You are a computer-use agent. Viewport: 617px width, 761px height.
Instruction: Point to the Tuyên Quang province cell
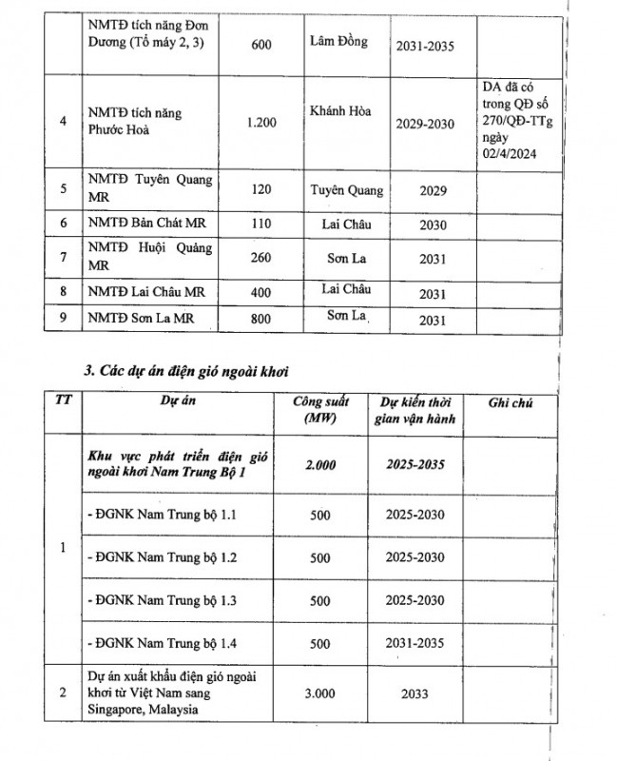point(346,190)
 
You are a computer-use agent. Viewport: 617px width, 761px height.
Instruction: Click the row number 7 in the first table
point(62,257)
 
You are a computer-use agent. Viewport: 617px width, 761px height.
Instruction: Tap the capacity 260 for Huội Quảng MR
point(261,257)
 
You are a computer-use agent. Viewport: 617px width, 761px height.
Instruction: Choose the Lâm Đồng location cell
point(337,43)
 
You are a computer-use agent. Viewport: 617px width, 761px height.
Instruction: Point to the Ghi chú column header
point(511,403)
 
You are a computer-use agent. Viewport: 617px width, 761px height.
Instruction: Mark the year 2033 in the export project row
point(419,693)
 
